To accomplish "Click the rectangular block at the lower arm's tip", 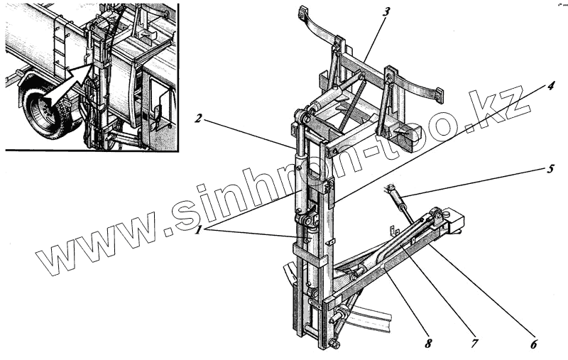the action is [x=452, y=223].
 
